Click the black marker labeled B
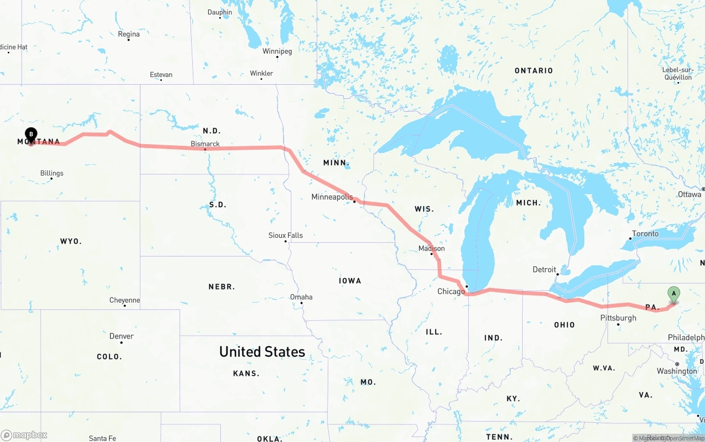pyautogui.click(x=31, y=134)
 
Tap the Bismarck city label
pyautogui.click(x=205, y=144)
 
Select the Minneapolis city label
pyautogui.click(x=332, y=197)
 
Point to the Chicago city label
pyautogui.click(x=451, y=291)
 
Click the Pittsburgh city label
pyautogui.click(x=618, y=318)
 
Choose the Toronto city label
pyautogui.click(x=645, y=233)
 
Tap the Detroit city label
pyautogui.click(x=544, y=269)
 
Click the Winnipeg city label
pyautogui.click(x=277, y=51)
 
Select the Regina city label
pyautogui.click(x=129, y=34)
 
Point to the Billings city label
pyautogui.click(x=52, y=173)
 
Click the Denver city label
pyautogui.click(x=121, y=336)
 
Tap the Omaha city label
pyautogui.click(x=301, y=297)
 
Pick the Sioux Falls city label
pyautogui.click(x=285, y=235)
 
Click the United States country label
pyautogui.click(x=262, y=352)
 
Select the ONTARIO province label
pyautogui.click(x=533, y=70)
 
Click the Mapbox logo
pyautogui.click(x=24, y=435)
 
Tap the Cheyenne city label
pyautogui.click(x=124, y=300)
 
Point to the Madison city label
pyautogui.click(x=431, y=248)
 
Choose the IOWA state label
pyautogui.click(x=350, y=281)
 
